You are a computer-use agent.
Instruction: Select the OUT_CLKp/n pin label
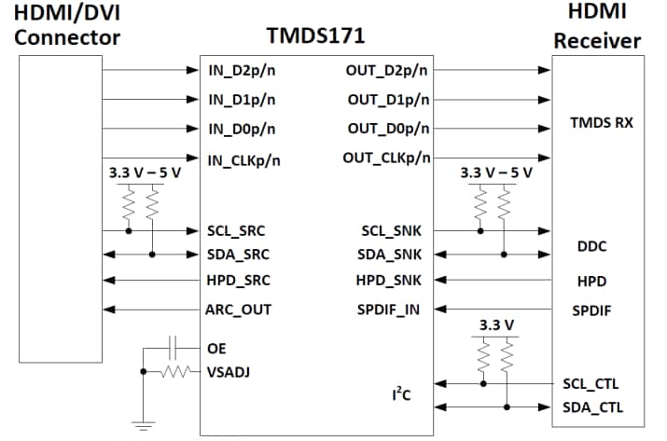click(x=386, y=158)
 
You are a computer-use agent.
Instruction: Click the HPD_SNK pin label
click(x=388, y=280)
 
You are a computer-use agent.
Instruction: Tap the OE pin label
click(x=215, y=348)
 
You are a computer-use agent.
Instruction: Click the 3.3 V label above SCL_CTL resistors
click(x=495, y=324)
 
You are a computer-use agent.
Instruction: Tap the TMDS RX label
click(x=602, y=122)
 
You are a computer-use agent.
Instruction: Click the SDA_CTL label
click(x=593, y=407)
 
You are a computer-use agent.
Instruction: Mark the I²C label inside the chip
click(x=401, y=395)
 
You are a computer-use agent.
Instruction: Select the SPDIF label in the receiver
click(x=592, y=310)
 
